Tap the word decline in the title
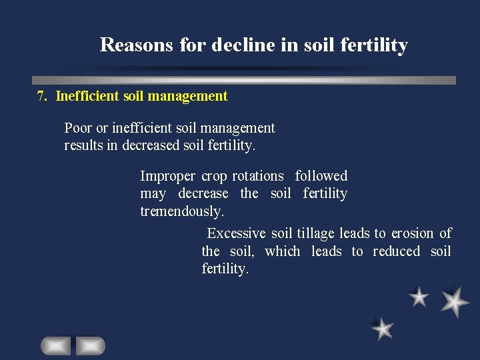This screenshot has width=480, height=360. pos(243,45)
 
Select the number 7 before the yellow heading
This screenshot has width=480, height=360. pos(41,96)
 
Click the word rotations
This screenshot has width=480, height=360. pos(257,176)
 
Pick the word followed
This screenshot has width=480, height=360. pos(321,176)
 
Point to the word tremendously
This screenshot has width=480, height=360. pos(182,211)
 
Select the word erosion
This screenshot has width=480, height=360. pos(412,233)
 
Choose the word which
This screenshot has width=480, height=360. pos(283,251)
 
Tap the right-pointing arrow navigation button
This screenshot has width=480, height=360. pos(90,345)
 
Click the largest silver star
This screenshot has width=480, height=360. pos(455,301)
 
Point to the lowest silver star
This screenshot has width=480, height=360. pos(383,328)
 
